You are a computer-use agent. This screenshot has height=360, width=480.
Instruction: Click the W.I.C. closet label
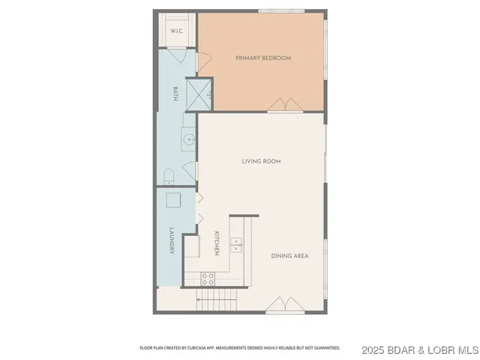click(x=176, y=31)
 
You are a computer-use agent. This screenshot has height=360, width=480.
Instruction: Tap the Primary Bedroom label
click(x=262, y=58)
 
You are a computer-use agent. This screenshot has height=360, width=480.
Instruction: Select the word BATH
click(x=175, y=94)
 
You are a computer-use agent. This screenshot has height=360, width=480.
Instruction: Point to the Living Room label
click(x=261, y=161)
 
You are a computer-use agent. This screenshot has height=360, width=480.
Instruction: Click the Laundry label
click(x=172, y=241)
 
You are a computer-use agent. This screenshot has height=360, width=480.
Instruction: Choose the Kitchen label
click(x=217, y=242)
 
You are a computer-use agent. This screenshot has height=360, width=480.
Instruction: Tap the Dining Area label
click(x=289, y=256)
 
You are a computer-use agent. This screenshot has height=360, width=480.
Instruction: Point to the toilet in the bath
click(x=169, y=177)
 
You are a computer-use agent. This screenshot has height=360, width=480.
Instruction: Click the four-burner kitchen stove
click(x=207, y=278)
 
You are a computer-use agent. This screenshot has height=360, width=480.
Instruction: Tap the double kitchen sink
click(x=236, y=242)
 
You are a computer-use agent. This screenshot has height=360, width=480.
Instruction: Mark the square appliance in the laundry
click(x=173, y=199)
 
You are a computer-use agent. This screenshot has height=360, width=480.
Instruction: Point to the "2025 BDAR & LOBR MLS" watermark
click(x=420, y=349)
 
